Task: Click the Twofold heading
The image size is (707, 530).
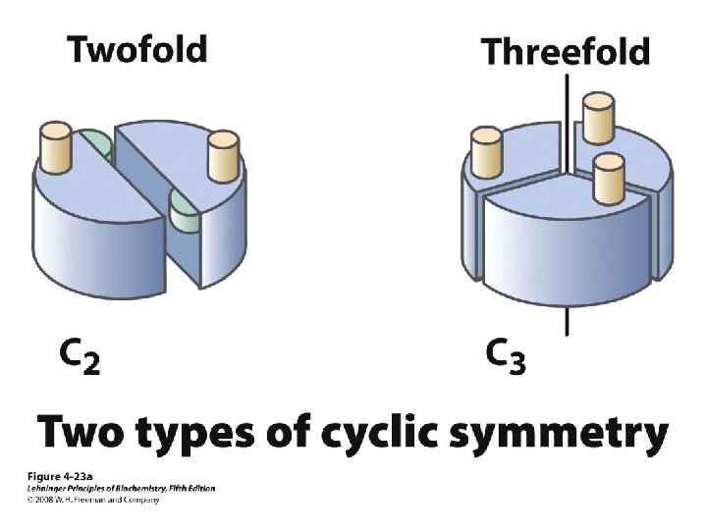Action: tap(136, 48)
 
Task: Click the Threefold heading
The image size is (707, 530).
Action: tap(566, 50)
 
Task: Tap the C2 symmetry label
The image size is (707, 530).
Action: tap(79, 355)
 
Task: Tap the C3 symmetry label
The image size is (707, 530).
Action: tap(507, 355)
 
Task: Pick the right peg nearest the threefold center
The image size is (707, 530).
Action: tap(609, 176)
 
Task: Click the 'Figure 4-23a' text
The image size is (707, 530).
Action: tap(57, 476)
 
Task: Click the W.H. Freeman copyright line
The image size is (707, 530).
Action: tap(92, 500)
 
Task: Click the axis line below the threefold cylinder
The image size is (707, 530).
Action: tap(567, 322)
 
